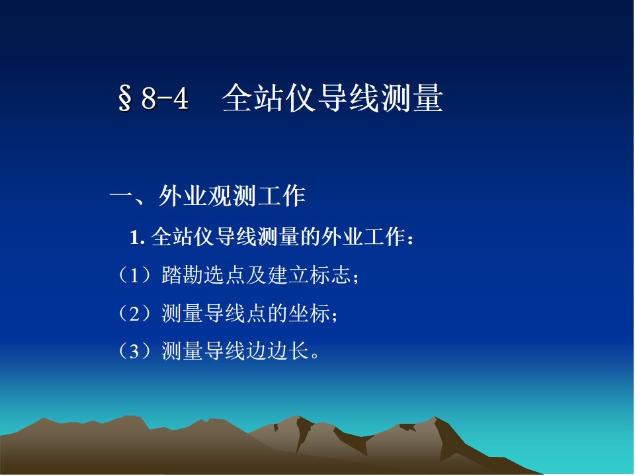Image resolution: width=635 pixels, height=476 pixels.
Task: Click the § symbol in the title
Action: [125, 99]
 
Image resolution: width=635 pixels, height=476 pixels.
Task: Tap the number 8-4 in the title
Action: [165, 99]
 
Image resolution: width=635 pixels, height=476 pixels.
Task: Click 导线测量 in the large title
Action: [380, 98]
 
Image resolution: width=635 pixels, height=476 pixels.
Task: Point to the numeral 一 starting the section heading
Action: [122, 197]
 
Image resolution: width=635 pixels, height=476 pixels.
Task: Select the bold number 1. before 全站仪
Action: [138, 237]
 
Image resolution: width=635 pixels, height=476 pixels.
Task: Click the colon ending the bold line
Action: [411, 239]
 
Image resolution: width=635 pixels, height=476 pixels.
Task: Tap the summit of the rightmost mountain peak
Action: [436, 417]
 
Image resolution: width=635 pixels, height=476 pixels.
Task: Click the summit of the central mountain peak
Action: [299, 416]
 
